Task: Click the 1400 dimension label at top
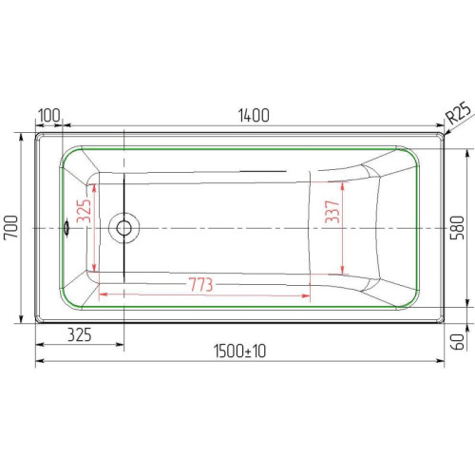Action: click(254, 115)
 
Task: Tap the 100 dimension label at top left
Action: click(48, 115)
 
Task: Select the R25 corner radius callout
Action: click(460, 112)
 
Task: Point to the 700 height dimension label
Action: click(10, 227)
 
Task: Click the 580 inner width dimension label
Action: click(458, 228)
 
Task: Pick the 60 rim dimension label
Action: click(458, 342)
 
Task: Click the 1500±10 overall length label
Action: click(239, 351)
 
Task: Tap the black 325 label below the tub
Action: click(80, 335)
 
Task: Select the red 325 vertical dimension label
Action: click(85, 211)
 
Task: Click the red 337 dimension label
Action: click(332, 212)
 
